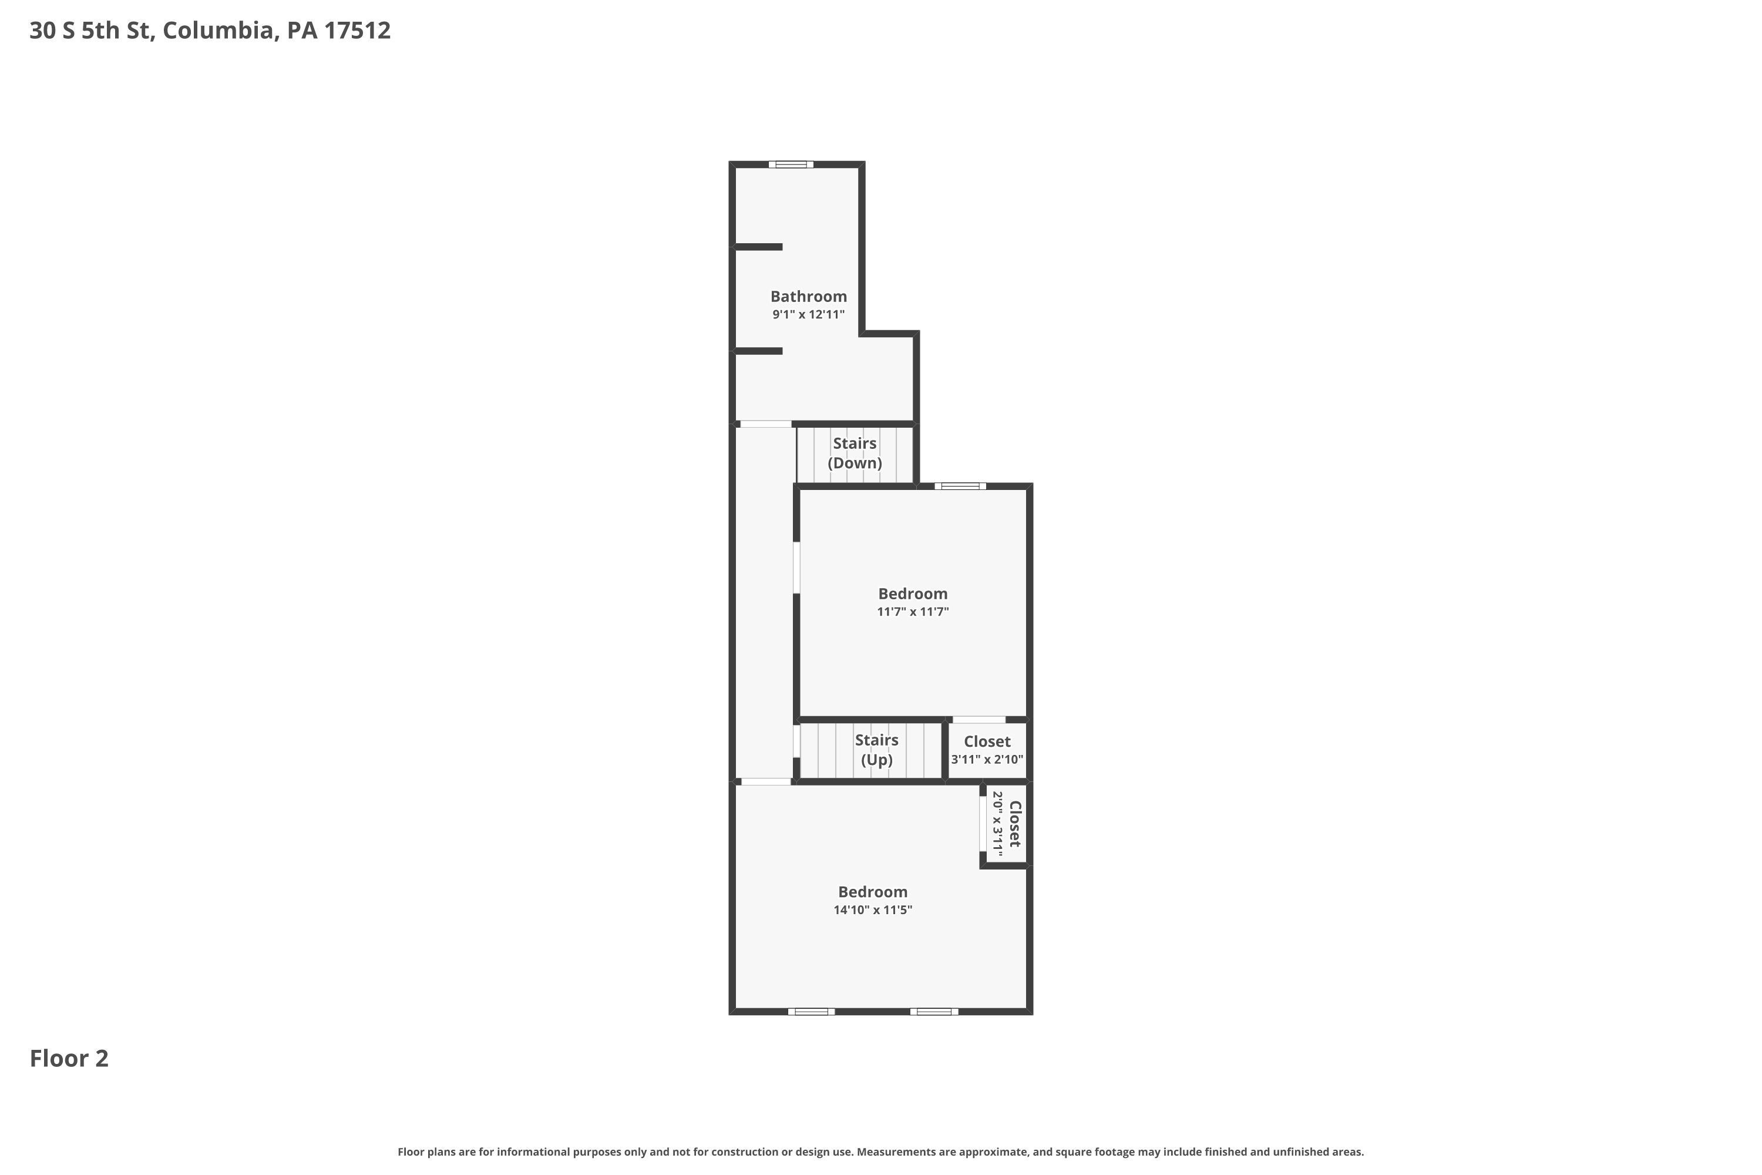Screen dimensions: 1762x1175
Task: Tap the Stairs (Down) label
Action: [x=855, y=452]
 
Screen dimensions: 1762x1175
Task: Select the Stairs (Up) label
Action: [x=876, y=750]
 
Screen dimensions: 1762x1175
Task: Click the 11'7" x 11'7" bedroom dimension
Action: [x=913, y=612]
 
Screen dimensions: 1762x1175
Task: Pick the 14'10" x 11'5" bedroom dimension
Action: [x=873, y=909]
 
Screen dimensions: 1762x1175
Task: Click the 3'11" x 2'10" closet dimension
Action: [x=987, y=759]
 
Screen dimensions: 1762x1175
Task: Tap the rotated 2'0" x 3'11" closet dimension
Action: [x=997, y=824]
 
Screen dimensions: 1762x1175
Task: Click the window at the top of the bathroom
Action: [x=791, y=164]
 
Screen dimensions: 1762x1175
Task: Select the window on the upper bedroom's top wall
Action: [x=960, y=486]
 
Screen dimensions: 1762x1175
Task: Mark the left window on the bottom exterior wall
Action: [x=811, y=1012]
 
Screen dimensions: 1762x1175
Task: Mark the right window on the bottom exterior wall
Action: [x=934, y=1012]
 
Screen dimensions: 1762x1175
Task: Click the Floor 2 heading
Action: [x=69, y=1058]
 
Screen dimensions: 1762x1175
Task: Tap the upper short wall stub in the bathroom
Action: [x=758, y=247]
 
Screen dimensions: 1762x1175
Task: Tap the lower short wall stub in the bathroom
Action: [x=758, y=351]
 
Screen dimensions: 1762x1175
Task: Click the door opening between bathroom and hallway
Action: [x=766, y=424]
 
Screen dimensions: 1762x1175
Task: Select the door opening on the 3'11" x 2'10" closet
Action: [x=978, y=719]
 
